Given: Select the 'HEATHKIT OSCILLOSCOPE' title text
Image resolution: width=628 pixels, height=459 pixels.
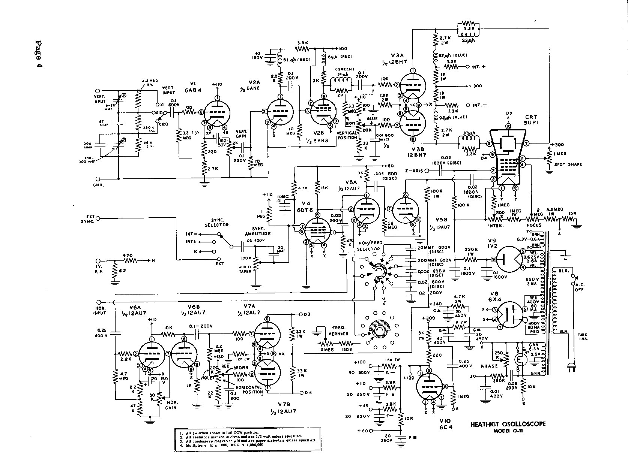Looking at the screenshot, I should pos(508,425).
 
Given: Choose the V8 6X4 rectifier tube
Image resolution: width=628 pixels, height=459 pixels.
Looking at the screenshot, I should pos(508,315).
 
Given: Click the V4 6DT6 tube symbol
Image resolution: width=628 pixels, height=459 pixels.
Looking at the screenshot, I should pos(317,232).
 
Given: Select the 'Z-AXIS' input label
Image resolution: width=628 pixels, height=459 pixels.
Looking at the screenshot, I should pos(414,171).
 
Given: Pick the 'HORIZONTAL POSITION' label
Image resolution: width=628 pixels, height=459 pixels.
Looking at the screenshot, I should pos(251,389).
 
